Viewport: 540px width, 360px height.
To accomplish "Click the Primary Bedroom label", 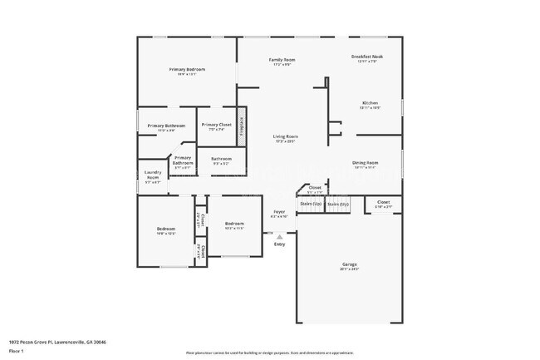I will point(187,69).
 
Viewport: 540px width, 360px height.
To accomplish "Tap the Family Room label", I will point(282,60).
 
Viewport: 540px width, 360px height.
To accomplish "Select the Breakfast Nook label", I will point(366,57).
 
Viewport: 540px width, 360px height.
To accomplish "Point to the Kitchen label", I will point(369,103).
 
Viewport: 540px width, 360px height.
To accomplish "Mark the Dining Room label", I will point(366,163).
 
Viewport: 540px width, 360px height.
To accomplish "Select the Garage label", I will point(348,264).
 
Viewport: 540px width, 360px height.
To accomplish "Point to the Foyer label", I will point(280,212).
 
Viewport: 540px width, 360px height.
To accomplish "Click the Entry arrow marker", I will point(279,236).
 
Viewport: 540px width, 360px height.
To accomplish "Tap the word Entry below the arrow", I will point(279,244).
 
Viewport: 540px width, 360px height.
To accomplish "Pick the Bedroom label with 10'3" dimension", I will point(234,224).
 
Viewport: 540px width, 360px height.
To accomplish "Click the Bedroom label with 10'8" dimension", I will point(166,229).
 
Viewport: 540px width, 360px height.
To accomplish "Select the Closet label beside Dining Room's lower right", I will point(383,202).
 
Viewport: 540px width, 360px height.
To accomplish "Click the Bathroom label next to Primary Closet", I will point(221,159).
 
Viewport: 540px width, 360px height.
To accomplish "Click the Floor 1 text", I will point(17,352).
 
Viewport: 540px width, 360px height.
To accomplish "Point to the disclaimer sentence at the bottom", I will point(269,353).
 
